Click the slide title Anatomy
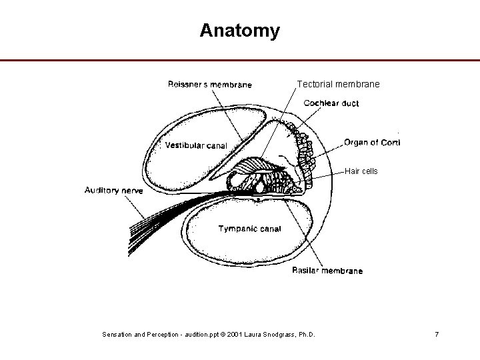239,31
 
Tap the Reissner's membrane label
209,85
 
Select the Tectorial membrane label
338,85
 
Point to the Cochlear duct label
331,103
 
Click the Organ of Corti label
372,142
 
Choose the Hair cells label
361,171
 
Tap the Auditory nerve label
113,191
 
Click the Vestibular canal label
196,145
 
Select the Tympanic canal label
249,229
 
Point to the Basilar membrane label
327,271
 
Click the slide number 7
437,333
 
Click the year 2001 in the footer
234,333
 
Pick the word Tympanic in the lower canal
235,229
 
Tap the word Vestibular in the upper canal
183,145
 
